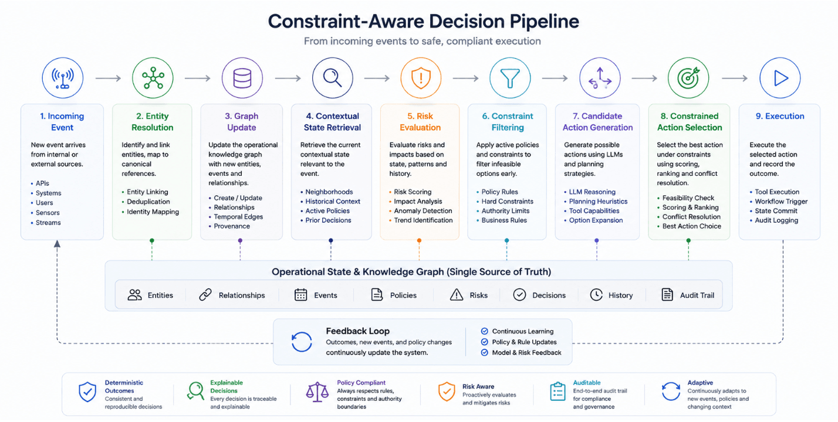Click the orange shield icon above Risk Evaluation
click(x=421, y=78)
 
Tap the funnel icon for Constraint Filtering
click(x=510, y=78)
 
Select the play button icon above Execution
click(x=780, y=78)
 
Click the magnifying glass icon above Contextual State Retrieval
click(x=332, y=78)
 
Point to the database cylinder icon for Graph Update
click(x=242, y=78)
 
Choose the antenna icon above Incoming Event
click(x=62, y=78)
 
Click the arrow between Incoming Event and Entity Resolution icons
click(x=108, y=78)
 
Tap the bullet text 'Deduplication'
click(x=148, y=202)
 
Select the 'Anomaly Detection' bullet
click(x=423, y=211)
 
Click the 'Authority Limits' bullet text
click(x=505, y=211)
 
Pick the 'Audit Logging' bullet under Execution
click(x=776, y=220)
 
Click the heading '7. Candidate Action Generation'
click(x=597, y=121)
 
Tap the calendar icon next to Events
click(x=301, y=295)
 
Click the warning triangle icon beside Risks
click(x=457, y=295)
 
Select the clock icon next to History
click(x=596, y=295)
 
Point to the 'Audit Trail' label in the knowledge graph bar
click(x=697, y=295)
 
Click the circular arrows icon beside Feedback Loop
click(x=302, y=342)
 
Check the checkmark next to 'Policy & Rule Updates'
click(x=485, y=342)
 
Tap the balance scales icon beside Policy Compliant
click(x=317, y=392)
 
